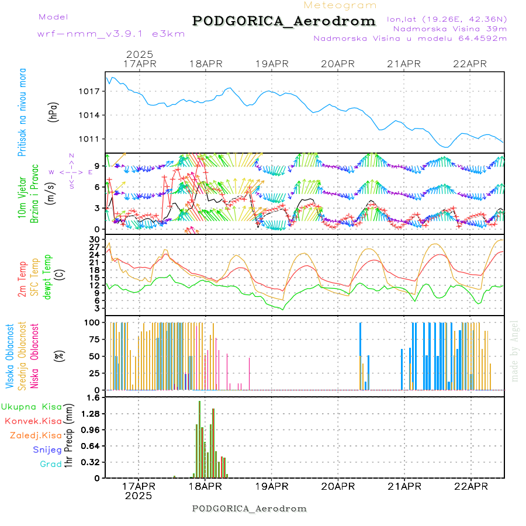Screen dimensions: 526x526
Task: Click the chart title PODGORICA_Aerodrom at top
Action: pyautogui.click(x=284, y=21)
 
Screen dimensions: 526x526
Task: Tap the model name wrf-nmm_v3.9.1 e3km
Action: pyautogui.click(x=111, y=33)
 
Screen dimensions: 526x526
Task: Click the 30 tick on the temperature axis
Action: pyautogui.click(x=95, y=240)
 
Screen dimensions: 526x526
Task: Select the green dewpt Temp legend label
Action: pyautogui.click(x=48, y=275)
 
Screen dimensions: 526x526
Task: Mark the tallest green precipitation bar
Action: pyautogui.click(x=199, y=438)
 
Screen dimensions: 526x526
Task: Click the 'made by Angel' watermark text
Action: pyautogui.click(x=515, y=351)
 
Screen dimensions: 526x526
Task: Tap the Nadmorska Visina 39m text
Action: pyautogui.click(x=449, y=29)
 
